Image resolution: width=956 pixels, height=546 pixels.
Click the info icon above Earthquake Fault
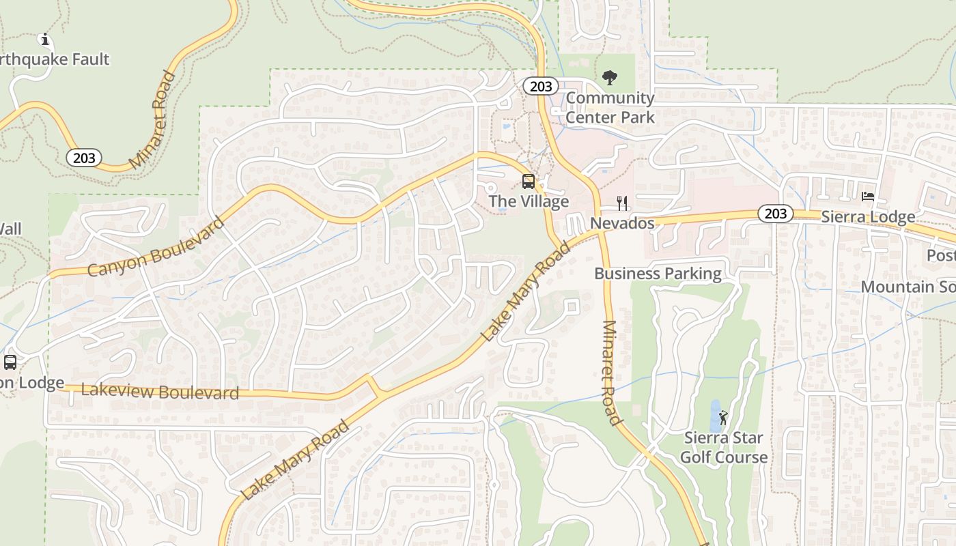click(x=45, y=40)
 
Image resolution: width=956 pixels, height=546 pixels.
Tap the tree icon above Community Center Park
click(x=610, y=78)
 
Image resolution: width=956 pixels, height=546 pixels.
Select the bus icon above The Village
click(x=529, y=182)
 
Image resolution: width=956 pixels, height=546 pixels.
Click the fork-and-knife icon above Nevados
click(x=622, y=203)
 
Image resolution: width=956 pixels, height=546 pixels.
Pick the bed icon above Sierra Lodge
click(x=868, y=197)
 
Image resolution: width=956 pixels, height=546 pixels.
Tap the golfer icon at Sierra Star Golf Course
click(x=723, y=418)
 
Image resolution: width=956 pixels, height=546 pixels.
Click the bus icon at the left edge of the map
click(x=10, y=362)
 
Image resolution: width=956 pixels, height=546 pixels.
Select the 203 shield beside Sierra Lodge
click(x=776, y=214)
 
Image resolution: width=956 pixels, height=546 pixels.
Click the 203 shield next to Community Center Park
click(x=541, y=86)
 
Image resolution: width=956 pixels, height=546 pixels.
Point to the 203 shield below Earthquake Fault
click(x=84, y=158)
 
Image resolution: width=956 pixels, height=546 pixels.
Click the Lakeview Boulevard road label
click(x=160, y=392)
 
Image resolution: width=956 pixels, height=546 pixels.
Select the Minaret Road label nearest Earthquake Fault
click(x=153, y=120)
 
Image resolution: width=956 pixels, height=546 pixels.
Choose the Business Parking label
click(x=658, y=274)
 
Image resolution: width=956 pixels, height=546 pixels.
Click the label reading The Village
click(x=529, y=201)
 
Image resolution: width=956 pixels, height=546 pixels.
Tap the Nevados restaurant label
click(x=622, y=223)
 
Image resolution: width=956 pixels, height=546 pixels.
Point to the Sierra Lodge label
click(x=868, y=217)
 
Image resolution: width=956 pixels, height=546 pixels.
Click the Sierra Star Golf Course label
click(x=724, y=448)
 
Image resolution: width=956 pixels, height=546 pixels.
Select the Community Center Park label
click(x=610, y=108)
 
